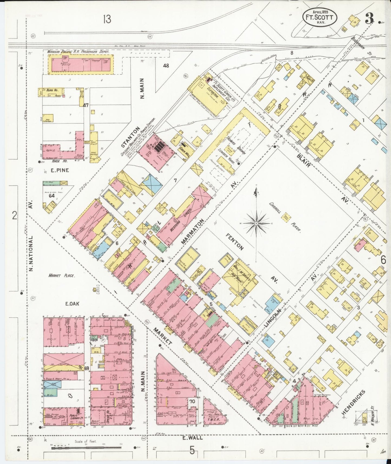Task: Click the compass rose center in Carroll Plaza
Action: [x=256, y=223]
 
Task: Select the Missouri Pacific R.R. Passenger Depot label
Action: [x=78, y=51]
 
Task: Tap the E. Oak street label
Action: [x=72, y=304]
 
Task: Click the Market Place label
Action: [x=61, y=276]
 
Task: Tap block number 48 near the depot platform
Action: [x=166, y=66]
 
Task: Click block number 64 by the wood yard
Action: [x=51, y=195]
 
